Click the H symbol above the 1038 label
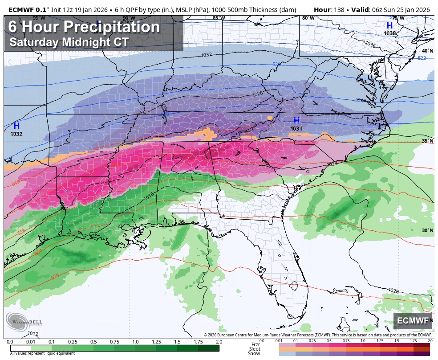389,26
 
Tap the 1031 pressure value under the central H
296,128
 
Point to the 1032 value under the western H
16,133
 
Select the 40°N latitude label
427,51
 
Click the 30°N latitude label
427,230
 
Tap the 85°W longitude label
218,18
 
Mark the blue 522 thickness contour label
422,58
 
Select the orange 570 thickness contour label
55,277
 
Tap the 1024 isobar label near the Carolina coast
332,164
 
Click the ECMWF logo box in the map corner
413,321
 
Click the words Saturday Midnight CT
69,42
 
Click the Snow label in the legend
254,353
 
